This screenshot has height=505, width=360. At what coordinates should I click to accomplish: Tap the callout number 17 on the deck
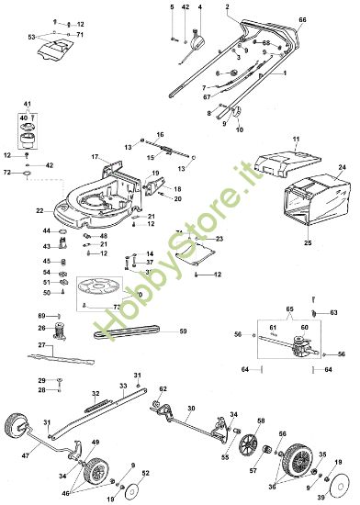click(94, 158)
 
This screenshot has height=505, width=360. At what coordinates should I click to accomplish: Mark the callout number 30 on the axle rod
click(190, 408)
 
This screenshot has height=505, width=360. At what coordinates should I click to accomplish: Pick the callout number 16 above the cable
click(160, 135)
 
